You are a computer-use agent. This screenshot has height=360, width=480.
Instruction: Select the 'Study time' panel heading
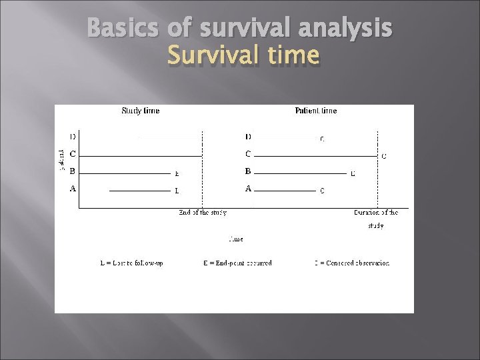[x=140, y=111]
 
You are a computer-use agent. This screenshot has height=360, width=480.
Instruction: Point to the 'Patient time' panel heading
[x=316, y=111]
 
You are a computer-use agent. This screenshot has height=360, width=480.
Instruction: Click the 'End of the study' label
[x=203, y=213]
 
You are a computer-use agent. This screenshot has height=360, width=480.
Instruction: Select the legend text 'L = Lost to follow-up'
[x=131, y=263]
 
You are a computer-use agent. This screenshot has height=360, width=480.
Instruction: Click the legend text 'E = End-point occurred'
[x=237, y=263]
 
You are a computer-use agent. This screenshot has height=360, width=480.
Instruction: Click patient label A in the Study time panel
[x=73, y=189]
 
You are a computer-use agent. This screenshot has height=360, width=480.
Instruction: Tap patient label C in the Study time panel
[x=73, y=154]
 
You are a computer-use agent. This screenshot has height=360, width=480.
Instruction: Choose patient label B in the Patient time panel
[x=248, y=171]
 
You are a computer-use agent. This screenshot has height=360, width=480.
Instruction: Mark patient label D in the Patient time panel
[x=248, y=137]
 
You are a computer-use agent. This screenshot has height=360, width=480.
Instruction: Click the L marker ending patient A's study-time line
[x=177, y=191]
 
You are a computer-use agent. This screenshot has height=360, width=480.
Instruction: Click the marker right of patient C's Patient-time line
[x=383, y=157]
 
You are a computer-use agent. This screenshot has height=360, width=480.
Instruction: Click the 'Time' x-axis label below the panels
[x=236, y=238]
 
